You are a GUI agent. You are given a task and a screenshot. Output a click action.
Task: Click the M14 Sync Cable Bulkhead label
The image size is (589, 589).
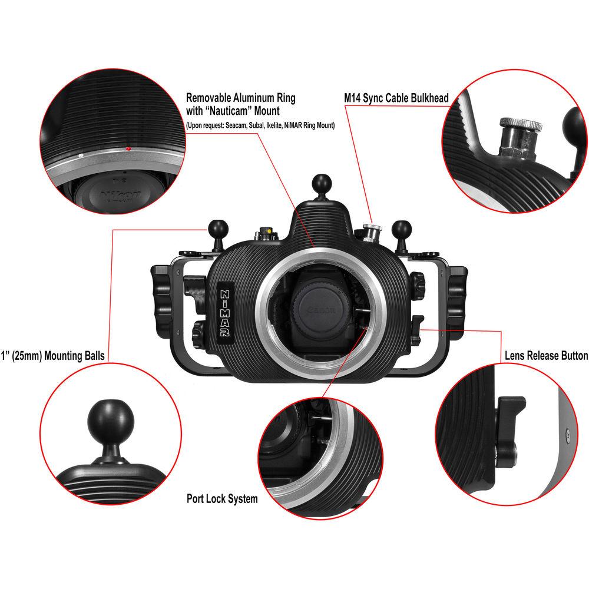click(396, 98)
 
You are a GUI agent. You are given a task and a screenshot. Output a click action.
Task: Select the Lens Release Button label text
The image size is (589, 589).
click(546, 356)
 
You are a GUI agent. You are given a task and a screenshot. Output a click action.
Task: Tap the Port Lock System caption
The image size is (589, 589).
click(221, 499)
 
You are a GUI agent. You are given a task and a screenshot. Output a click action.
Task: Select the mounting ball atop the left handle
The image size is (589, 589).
click(214, 227)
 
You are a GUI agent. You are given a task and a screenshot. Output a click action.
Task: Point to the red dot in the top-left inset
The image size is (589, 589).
click(128, 148)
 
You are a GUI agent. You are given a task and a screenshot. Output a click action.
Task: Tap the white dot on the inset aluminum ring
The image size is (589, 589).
click(81, 155)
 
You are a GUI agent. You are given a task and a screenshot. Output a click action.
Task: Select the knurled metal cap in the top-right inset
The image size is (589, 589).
click(520, 125)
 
